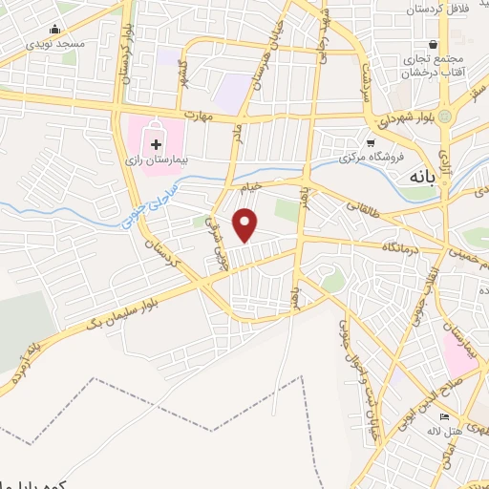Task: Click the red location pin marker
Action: tap(246, 224)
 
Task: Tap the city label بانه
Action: tap(419, 178)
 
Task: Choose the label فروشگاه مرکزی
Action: tap(371, 159)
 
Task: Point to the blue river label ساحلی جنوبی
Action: tap(152, 206)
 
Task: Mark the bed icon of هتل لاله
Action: tap(442, 417)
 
